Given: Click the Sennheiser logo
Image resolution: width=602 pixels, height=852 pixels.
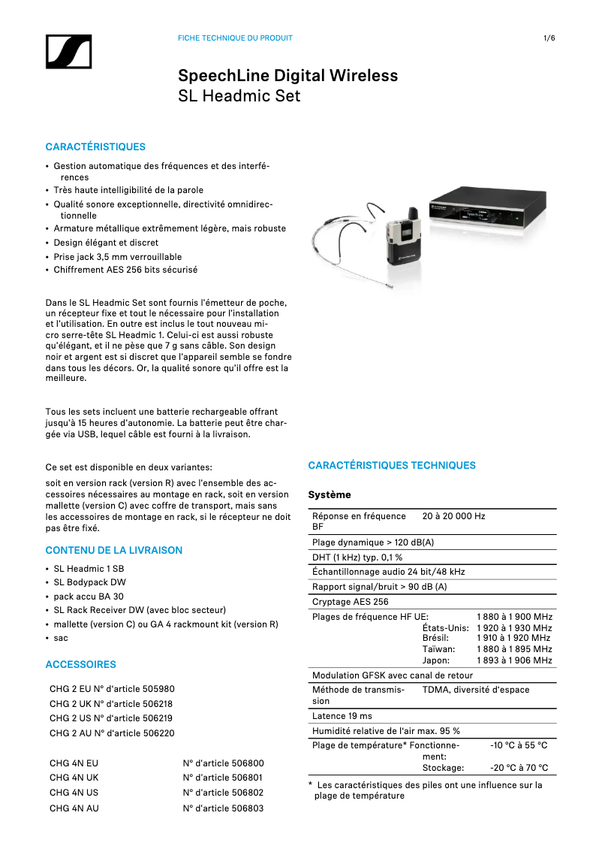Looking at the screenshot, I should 68,51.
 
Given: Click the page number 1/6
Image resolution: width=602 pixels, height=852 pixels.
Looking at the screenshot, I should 549,38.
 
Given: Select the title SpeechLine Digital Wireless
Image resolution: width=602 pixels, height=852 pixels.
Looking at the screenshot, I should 287,76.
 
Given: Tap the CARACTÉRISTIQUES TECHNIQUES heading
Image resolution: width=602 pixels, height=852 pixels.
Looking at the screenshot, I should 392,466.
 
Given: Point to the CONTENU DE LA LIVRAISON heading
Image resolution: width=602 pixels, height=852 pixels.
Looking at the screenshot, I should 114,551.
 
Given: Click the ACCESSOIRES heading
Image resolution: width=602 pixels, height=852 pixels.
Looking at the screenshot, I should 81,665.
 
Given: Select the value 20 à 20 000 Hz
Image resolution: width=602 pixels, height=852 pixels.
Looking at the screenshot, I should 453,516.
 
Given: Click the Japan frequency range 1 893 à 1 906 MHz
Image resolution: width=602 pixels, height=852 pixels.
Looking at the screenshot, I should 514,661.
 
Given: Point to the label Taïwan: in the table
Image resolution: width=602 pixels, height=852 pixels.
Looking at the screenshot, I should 438,649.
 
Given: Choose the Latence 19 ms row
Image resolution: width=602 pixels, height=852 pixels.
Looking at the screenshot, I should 342,716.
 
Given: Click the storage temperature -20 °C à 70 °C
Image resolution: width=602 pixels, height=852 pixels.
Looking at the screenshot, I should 519,768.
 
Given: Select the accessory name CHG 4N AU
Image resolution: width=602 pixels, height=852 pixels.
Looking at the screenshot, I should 74,808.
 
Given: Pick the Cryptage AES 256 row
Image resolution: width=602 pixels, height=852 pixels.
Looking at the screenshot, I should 351,602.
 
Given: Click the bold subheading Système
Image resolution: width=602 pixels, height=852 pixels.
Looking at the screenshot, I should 330,495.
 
